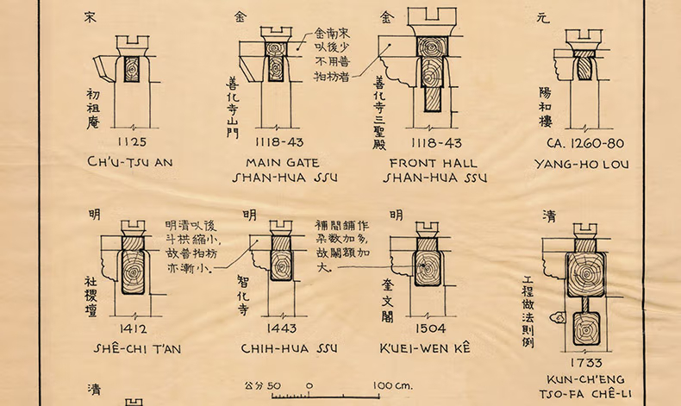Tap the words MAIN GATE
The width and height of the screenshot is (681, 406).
click(282, 161)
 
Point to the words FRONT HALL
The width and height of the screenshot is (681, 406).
click(434, 161)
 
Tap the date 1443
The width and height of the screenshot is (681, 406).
click(282, 328)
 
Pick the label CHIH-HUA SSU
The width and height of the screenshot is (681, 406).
click(282, 348)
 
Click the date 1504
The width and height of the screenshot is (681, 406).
click(429, 328)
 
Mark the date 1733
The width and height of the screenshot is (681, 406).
click(583, 363)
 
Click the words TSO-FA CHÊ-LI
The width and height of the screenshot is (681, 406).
click(584, 393)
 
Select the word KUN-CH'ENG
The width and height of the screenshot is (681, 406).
click(584, 378)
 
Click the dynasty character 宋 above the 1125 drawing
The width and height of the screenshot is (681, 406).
click(90, 16)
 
